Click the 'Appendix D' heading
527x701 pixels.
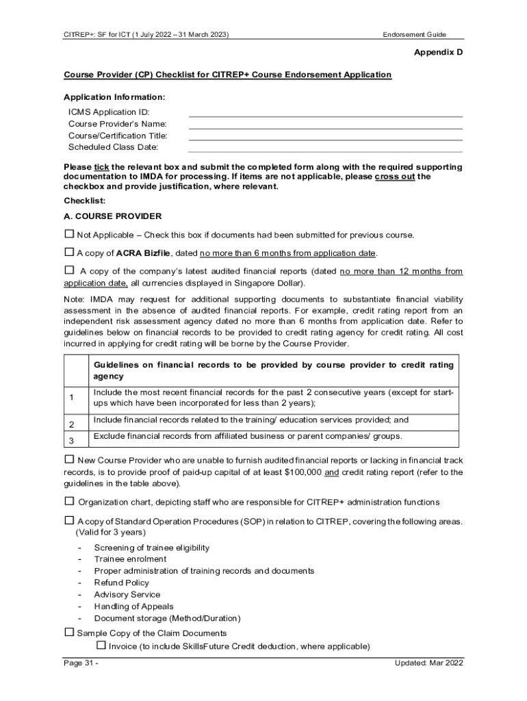click(439, 53)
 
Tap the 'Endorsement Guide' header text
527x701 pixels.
click(414, 34)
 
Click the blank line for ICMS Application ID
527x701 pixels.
click(325, 112)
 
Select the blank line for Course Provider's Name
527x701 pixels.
click(325, 124)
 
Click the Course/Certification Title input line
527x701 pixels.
click(325, 136)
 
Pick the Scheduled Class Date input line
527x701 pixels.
click(325, 147)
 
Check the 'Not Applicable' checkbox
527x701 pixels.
click(68, 234)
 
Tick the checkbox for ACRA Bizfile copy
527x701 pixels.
click(68, 252)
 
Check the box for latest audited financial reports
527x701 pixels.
click(69, 270)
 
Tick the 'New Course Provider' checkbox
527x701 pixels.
click(68, 459)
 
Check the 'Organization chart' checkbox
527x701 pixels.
click(68, 501)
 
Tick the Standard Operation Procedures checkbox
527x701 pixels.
click(68, 520)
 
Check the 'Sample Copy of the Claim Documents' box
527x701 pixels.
click(68, 633)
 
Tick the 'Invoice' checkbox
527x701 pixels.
click(101, 646)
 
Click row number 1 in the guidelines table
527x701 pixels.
click(71, 398)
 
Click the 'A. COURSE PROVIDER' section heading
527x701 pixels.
click(112, 216)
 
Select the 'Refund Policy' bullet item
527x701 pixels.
click(121, 583)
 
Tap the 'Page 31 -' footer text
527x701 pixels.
click(81, 663)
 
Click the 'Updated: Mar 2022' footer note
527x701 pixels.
click(428, 663)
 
